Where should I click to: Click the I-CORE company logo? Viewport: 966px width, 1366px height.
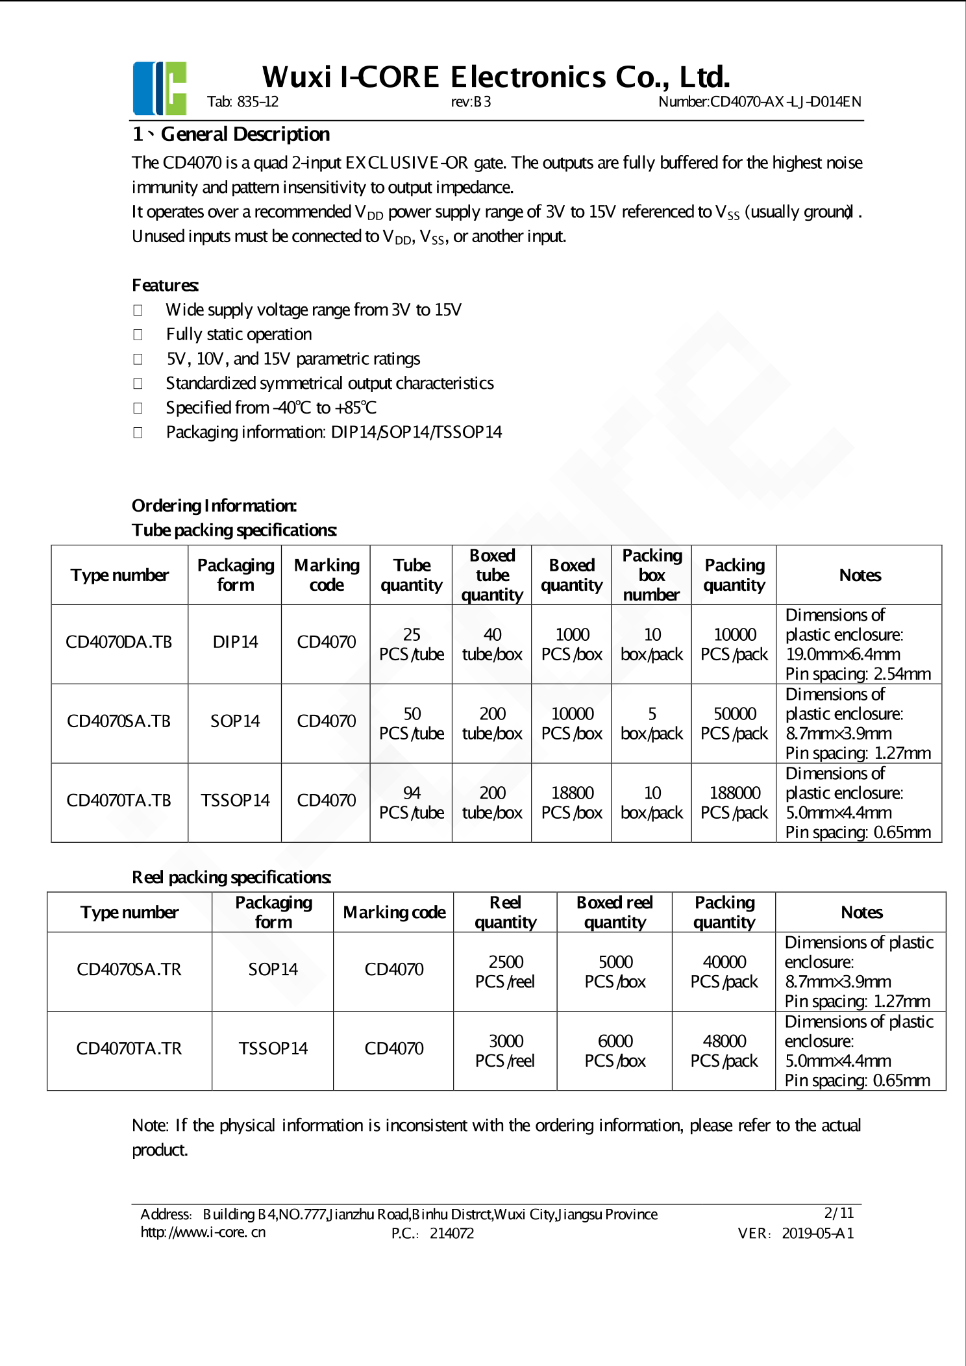click(160, 88)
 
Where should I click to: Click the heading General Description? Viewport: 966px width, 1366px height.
click(245, 134)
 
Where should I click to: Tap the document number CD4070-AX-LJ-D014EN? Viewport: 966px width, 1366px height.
click(759, 102)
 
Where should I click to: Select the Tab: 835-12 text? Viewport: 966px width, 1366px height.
click(243, 102)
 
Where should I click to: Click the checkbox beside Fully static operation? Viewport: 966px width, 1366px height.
click(138, 334)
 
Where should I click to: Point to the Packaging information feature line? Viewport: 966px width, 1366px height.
click(334, 432)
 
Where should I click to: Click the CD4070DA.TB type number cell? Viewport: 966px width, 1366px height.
click(119, 643)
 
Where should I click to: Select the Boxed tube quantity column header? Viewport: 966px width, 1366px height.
click(492, 575)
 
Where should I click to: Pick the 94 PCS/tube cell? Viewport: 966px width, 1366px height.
click(412, 803)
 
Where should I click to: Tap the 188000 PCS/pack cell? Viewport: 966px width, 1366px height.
click(734, 803)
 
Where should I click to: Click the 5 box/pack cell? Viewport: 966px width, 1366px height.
click(652, 724)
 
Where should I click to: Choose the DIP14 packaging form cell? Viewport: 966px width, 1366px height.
click(235, 643)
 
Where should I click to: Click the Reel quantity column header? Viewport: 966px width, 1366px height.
click(505, 913)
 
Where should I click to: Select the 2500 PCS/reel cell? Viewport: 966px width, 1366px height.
click(505, 972)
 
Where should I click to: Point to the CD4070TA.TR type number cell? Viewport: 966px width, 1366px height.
click(129, 1049)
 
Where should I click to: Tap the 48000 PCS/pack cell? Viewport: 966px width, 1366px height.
click(724, 1051)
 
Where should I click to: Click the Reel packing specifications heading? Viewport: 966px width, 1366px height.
click(232, 878)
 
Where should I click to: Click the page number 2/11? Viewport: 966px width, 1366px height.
click(839, 1213)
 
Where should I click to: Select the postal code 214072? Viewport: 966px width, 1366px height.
click(452, 1234)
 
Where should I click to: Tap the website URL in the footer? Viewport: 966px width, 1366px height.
click(203, 1232)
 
